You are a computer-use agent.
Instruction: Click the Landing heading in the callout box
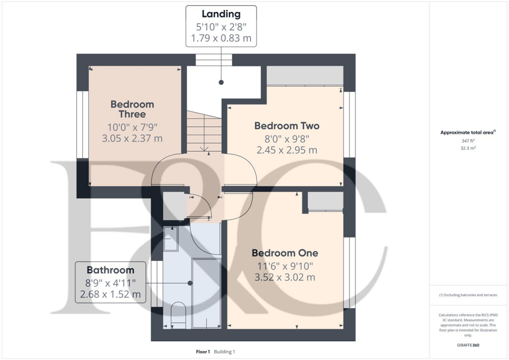[x=221, y=14]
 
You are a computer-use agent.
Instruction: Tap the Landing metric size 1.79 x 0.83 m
[x=221, y=38]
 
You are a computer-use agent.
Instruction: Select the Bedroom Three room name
[x=132, y=109]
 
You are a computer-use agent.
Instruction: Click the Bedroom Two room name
[x=287, y=126]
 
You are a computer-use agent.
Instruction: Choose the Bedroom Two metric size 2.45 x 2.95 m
[x=287, y=150]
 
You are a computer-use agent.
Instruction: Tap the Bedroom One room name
[x=285, y=253]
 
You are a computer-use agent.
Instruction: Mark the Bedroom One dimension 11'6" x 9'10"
[x=285, y=266]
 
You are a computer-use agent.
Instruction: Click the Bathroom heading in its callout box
[x=110, y=270]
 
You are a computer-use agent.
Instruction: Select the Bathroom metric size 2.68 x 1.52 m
[x=110, y=294]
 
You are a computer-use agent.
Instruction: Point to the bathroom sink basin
[x=171, y=239]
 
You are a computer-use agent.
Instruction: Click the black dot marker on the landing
[x=221, y=83]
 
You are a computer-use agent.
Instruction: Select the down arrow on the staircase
[x=204, y=148]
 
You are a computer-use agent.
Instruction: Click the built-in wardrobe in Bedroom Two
[x=305, y=76]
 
